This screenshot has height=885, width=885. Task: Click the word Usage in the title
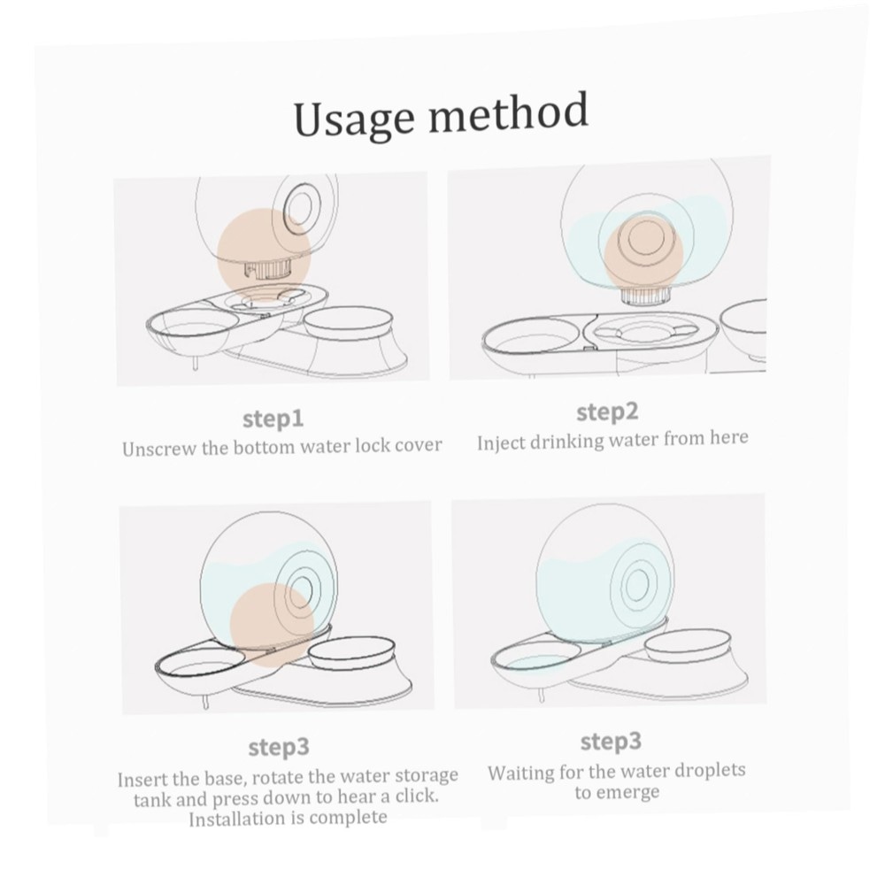click(x=354, y=119)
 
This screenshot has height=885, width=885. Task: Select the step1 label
click(x=273, y=419)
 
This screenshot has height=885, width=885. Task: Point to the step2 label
click(x=607, y=412)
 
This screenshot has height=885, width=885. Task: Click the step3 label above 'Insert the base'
click(x=279, y=747)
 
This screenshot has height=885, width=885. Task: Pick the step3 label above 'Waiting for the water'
click(x=611, y=741)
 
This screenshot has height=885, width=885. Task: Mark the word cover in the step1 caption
click(x=418, y=445)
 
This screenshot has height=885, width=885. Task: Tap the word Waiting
click(x=520, y=773)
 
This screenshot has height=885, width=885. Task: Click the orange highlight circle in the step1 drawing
click(x=264, y=255)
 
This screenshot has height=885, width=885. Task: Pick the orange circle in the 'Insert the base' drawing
click(x=272, y=626)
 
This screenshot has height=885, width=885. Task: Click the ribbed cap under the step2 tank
click(x=644, y=295)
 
